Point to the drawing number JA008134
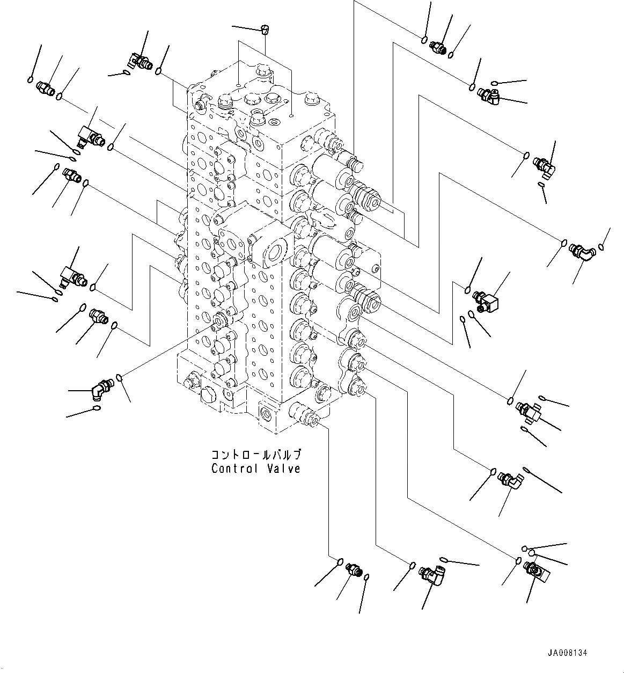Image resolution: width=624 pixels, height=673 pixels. click(568, 654)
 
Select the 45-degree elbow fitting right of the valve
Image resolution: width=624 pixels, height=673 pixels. click(581, 251)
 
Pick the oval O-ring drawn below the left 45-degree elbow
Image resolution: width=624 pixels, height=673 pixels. click(97, 411)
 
